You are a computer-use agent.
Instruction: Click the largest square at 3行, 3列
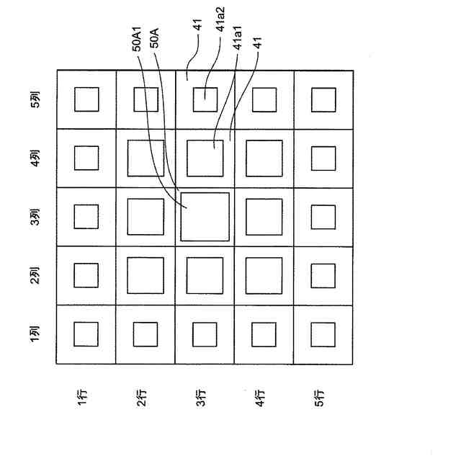pyautogui.click(x=205, y=216)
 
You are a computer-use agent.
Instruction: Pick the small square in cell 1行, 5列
pyautogui.click(x=86, y=99)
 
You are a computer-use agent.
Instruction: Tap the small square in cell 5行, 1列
pyautogui.click(x=323, y=334)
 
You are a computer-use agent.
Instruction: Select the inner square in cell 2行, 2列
pyautogui.click(x=146, y=275)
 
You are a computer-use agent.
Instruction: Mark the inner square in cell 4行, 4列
pyautogui.click(x=264, y=158)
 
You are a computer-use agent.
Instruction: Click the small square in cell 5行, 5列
pyautogui.click(x=323, y=99)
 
